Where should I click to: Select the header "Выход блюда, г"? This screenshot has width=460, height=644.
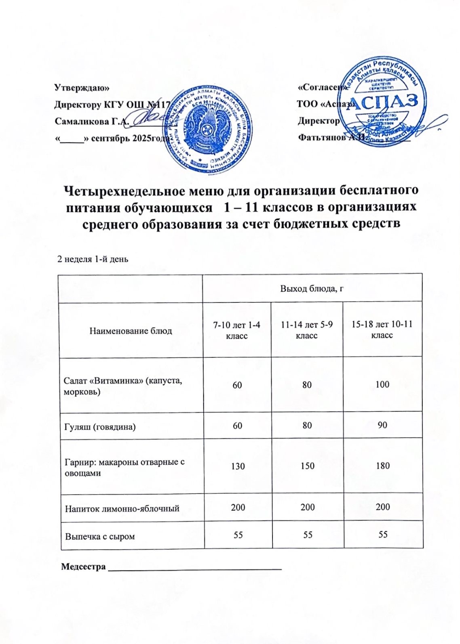pyautogui.click(x=312, y=288)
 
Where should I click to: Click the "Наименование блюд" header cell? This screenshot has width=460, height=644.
pyautogui.click(x=131, y=331)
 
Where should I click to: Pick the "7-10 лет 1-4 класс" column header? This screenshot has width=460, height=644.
pyautogui.click(x=237, y=330)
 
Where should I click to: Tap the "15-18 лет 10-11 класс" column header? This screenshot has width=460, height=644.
pyautogui.click(x=382, y=330)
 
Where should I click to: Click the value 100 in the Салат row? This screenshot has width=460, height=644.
pyautogui.click(x=382, y=384)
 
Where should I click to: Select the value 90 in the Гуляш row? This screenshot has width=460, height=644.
pyautogui.click(x=382, y=425)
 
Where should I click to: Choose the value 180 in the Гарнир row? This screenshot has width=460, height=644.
pyautogui.click(x=382, y=466)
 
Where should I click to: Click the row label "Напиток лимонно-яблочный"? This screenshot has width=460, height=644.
pyautogui.click(x=122, y=508)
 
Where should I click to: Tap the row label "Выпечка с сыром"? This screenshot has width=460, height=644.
pyautogui.click(x=100, y=536)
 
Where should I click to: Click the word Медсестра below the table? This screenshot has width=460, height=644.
pyautogui.click(x=83, y=566)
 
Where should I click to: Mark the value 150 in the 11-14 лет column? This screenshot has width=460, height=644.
pyautogui.click(x=308, y=466)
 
